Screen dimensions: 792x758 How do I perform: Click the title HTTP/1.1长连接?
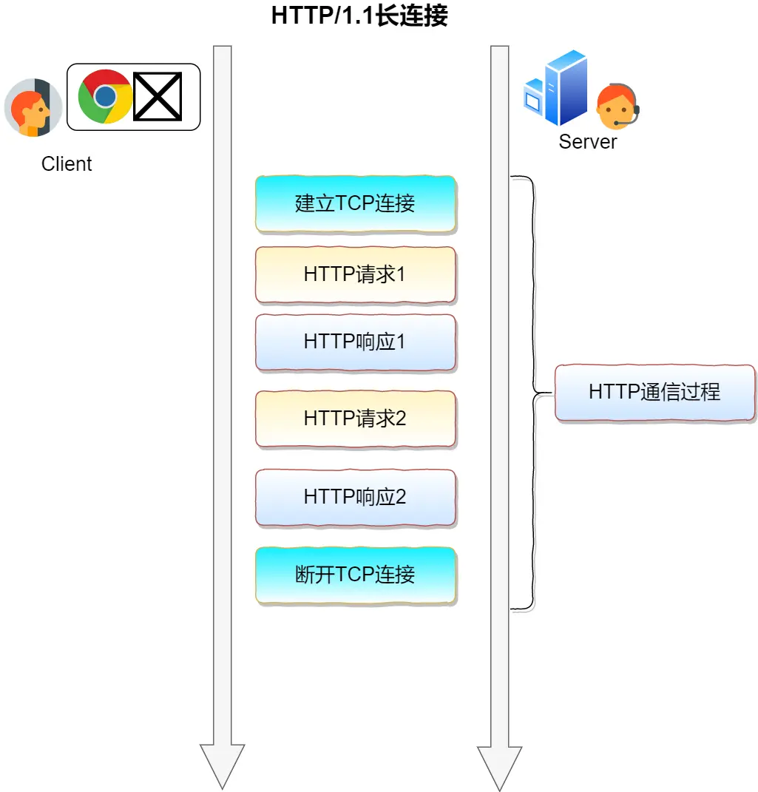359,16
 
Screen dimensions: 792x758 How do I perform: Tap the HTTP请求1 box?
355,274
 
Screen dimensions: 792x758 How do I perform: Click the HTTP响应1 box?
355,342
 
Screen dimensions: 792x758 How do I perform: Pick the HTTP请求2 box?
355,419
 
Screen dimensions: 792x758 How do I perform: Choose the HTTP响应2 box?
355,497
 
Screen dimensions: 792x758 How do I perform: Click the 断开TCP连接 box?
355,575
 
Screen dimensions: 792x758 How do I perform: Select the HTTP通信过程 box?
654,392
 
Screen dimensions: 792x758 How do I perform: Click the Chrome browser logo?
106,96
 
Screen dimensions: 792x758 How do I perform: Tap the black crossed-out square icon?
158,96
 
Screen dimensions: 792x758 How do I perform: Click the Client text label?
67,164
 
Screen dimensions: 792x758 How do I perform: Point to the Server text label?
587,142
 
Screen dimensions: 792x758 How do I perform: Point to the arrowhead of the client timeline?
222,769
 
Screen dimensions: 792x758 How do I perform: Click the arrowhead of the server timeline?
500,769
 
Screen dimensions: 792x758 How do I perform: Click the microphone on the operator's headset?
617,123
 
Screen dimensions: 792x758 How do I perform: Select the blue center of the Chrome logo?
106,96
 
